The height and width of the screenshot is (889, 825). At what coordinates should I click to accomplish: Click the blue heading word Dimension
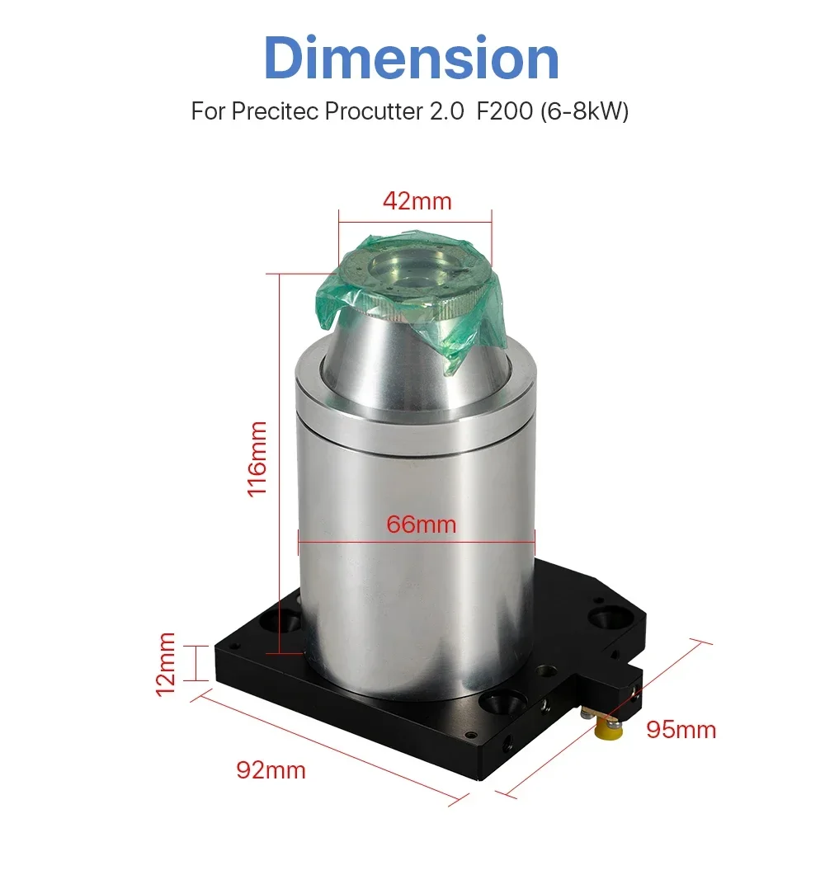click(x=412, y=58)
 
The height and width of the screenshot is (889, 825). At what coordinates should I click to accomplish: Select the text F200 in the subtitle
click(x=505, y=111)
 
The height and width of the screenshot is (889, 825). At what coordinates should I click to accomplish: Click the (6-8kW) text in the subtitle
click(x=585, y=111)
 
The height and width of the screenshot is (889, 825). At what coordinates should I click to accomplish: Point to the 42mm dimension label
click(x=417, y=201)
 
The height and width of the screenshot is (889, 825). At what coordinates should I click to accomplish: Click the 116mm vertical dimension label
click(x=257, y=459)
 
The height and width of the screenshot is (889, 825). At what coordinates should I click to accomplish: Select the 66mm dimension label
click(x=422, y=524)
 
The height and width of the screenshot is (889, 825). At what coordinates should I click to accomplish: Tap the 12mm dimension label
click(x=165, y=665)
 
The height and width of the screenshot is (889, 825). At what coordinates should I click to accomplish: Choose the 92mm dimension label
click(x=271, y=770)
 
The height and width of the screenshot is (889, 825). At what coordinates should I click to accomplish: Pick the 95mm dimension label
click(x=681, y=730)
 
